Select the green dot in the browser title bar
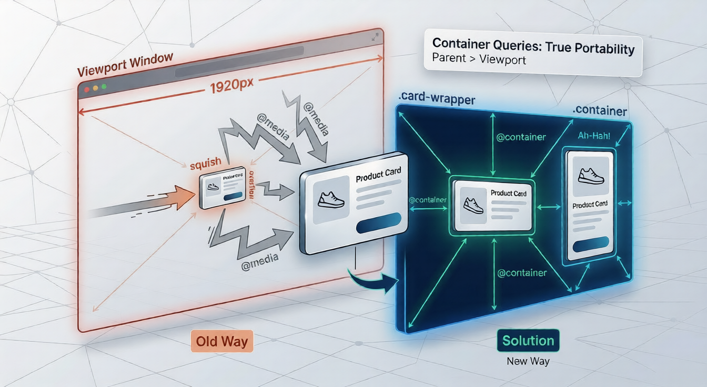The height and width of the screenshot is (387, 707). pyautogui.click(x=104, y=86)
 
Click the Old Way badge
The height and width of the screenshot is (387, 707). pyautogui.click(x=221, y=341)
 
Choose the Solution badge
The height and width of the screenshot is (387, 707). pyautogui.click(x=528, y=340)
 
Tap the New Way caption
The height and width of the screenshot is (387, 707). pyautogui.click(x=528, y=362)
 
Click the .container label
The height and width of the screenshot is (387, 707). pyautogui.click(x=600, y=111)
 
